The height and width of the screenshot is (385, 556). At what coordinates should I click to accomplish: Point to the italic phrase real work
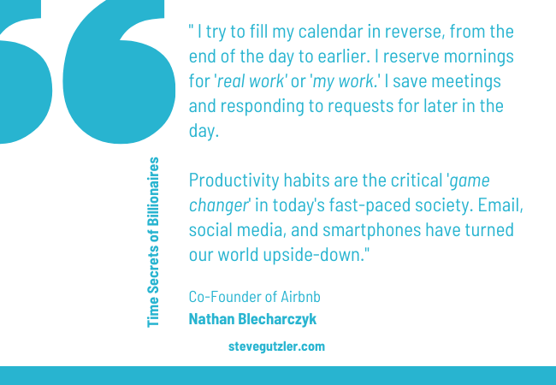pyautogui.click(x=251, y=81)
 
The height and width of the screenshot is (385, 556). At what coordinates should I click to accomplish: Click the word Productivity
pyautogui.click(x=234, y=181)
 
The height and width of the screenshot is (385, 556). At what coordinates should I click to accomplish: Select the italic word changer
pyautogui.click(x=218, y=206)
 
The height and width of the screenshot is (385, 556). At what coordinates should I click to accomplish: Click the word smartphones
pyautogui.click(x=371, y=230)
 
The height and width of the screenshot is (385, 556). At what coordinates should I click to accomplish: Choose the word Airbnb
pyautogui.click(x=301, y=297)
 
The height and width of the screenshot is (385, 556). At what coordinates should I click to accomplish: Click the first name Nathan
pyautogui.click(x=211, y=319)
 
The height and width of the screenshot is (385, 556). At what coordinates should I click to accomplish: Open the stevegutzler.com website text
pyautogui.click(x=276, y=346)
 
